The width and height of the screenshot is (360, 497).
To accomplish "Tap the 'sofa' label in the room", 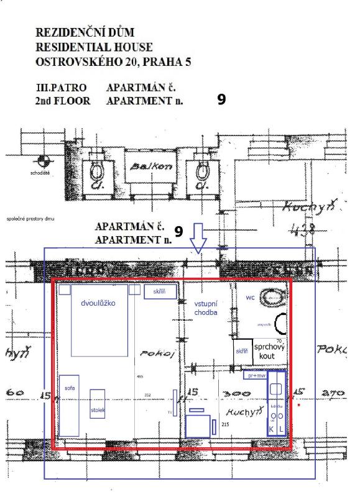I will [x=69, y=387].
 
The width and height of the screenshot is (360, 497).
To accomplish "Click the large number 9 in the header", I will [x=221, y=99].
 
